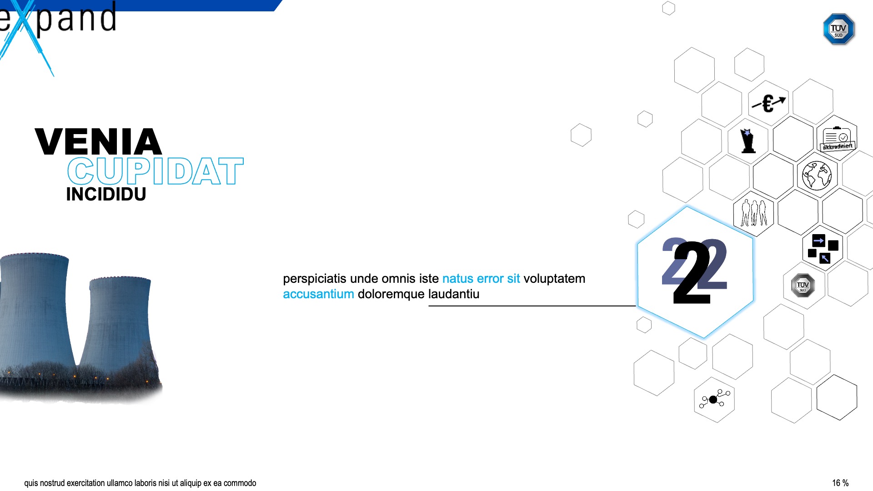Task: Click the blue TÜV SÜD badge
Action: coord(839,29)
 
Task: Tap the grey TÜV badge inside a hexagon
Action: coord(803,286)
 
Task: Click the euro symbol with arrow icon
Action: coord(768,104)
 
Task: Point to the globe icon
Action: coord(817,175)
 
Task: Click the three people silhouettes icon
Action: coord(754,213)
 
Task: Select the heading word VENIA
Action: coord(98,142)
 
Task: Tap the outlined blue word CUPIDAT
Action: coord(156,171)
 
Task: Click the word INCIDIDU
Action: coord(106,194)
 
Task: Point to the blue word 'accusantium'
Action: coord(318,294)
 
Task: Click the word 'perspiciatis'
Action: coord(315,279)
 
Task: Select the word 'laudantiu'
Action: coord(454,294)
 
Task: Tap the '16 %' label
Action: coord(840,483)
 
